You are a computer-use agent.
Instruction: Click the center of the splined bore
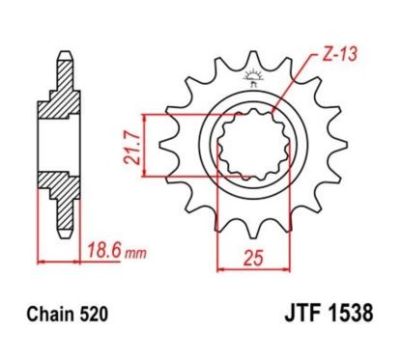tap(250, 146)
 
